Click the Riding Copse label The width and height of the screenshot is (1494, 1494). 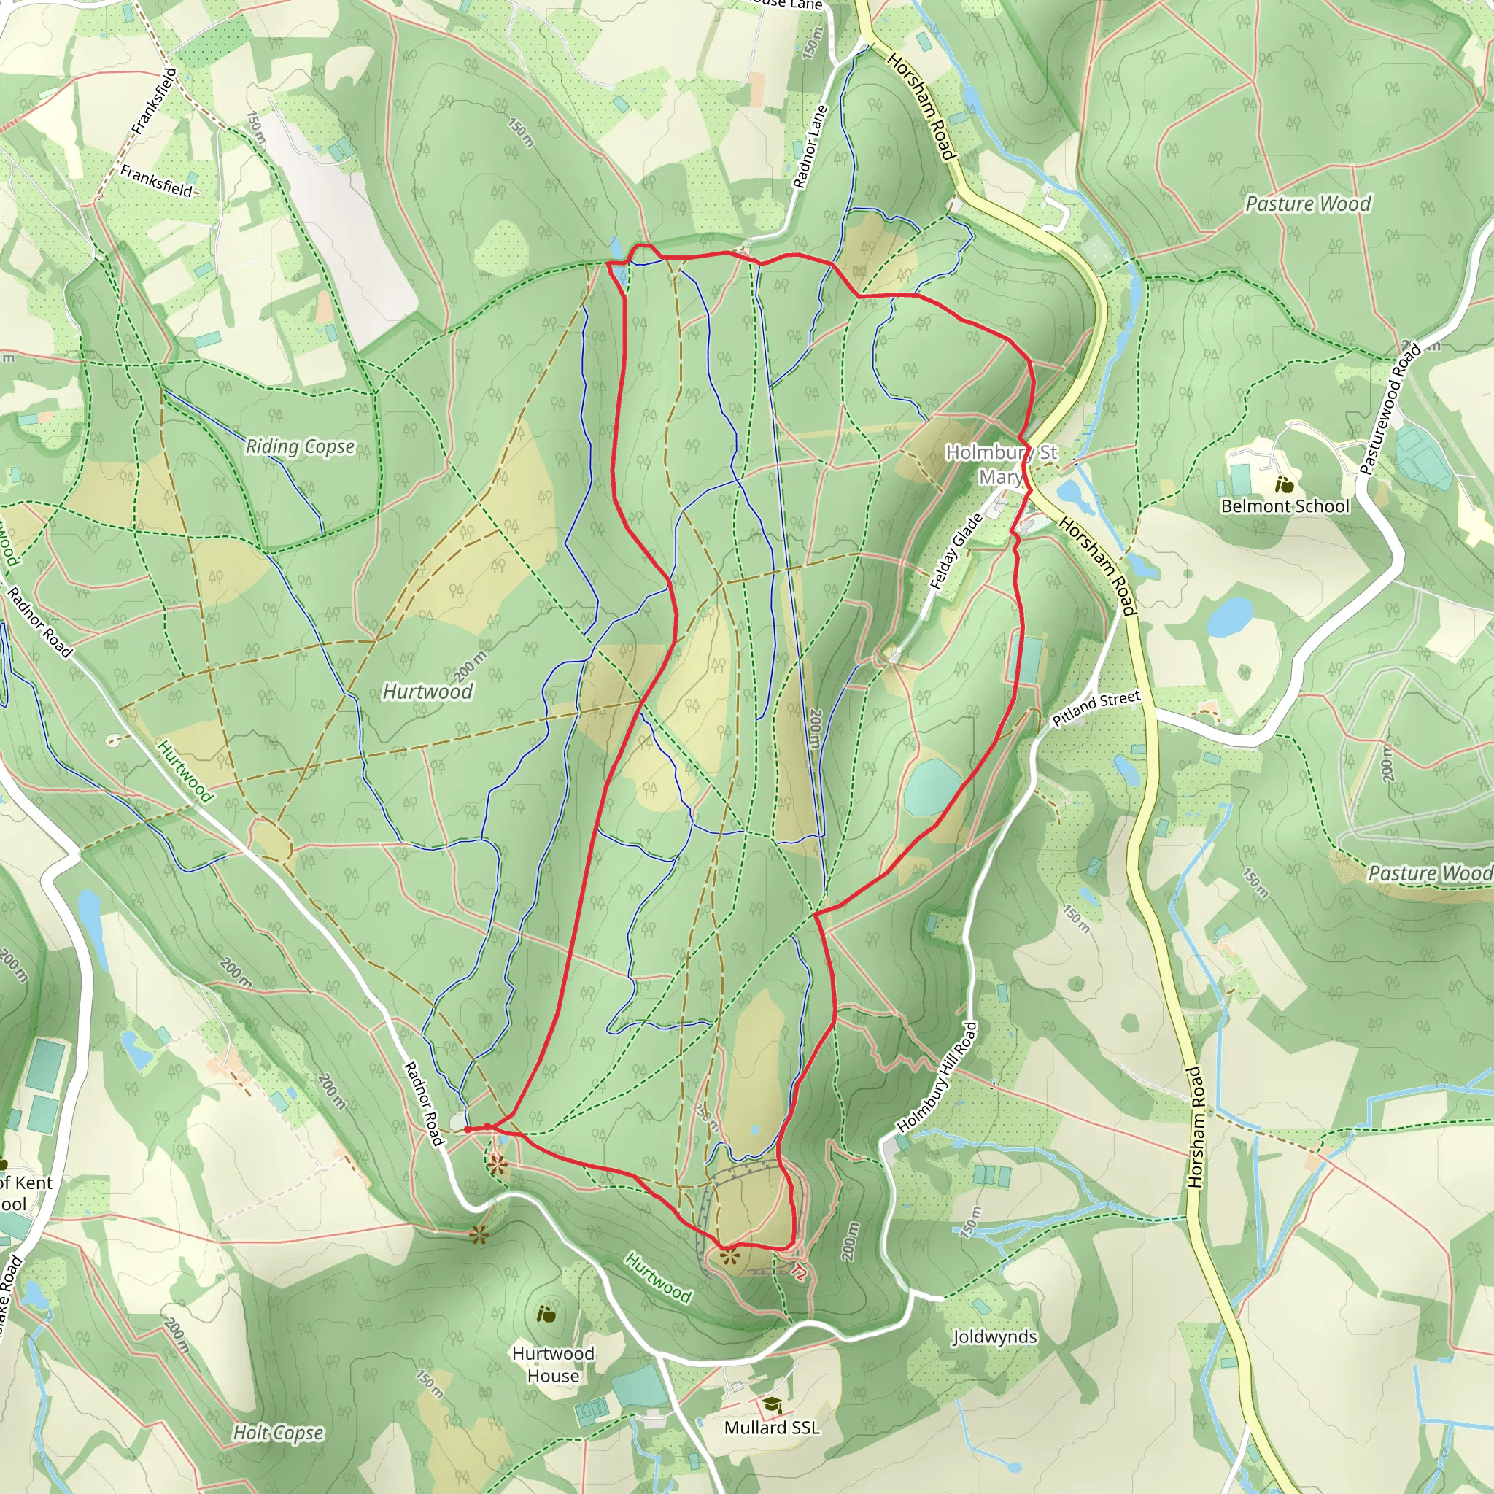click(x=300, y=446)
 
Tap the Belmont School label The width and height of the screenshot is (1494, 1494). click(x=1285, y=506)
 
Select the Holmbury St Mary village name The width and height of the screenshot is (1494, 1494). click(x=1002, y=464)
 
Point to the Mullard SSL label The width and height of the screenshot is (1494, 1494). click(x=772, y=1428)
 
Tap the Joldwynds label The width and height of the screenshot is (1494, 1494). click(x=994, y=1336)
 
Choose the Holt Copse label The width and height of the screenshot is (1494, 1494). click(x=279, y=1433)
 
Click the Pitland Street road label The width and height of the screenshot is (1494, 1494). click(x=1096, y=708)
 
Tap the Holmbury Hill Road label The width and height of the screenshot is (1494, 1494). click(x=937, y=1078)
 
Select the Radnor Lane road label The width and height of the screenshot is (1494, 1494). click(x=810, y=147)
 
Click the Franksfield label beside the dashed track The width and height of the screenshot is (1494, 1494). click(x=156, y=180)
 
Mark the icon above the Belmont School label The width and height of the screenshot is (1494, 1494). click(x=1284, y=486)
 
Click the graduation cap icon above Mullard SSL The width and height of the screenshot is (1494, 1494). click(x=771, y=1404)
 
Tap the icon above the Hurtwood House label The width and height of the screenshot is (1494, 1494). click(x=546, y=1314)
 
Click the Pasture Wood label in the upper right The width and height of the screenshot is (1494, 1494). click(x=1308, y=204)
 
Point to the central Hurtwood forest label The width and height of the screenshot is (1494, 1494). click(x=427, y=692)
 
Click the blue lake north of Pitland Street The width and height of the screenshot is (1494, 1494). click(x=1229, y=616)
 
